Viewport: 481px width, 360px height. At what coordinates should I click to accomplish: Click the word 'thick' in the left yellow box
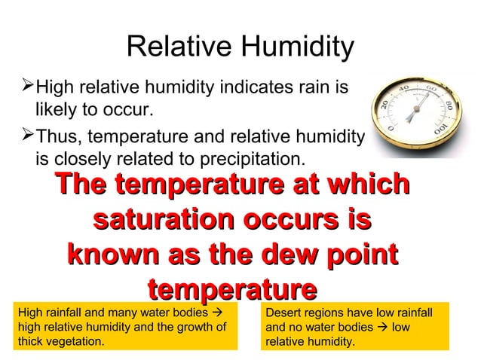[29, 340]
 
